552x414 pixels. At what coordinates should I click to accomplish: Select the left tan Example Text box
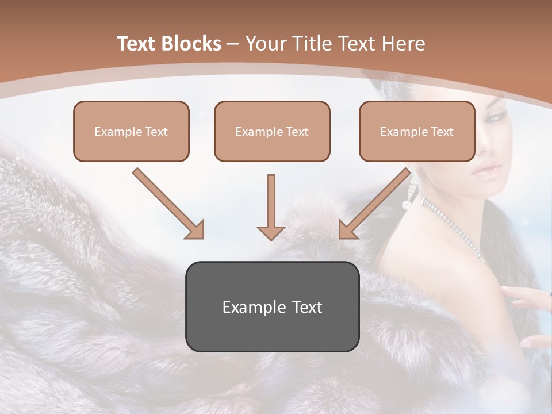(x=131, y=131)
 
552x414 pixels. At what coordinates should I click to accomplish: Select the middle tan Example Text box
(x=272, y=131)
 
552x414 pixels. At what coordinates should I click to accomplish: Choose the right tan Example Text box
(x=417, y=131)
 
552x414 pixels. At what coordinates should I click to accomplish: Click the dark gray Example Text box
(x=272, y=306)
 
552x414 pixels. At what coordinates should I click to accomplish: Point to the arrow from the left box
(x=169, y=204)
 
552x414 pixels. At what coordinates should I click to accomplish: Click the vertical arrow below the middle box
(x=271, y=207)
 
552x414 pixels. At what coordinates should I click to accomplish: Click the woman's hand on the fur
(x=526, y=296)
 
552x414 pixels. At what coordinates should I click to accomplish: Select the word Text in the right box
(x=442, y=132)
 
